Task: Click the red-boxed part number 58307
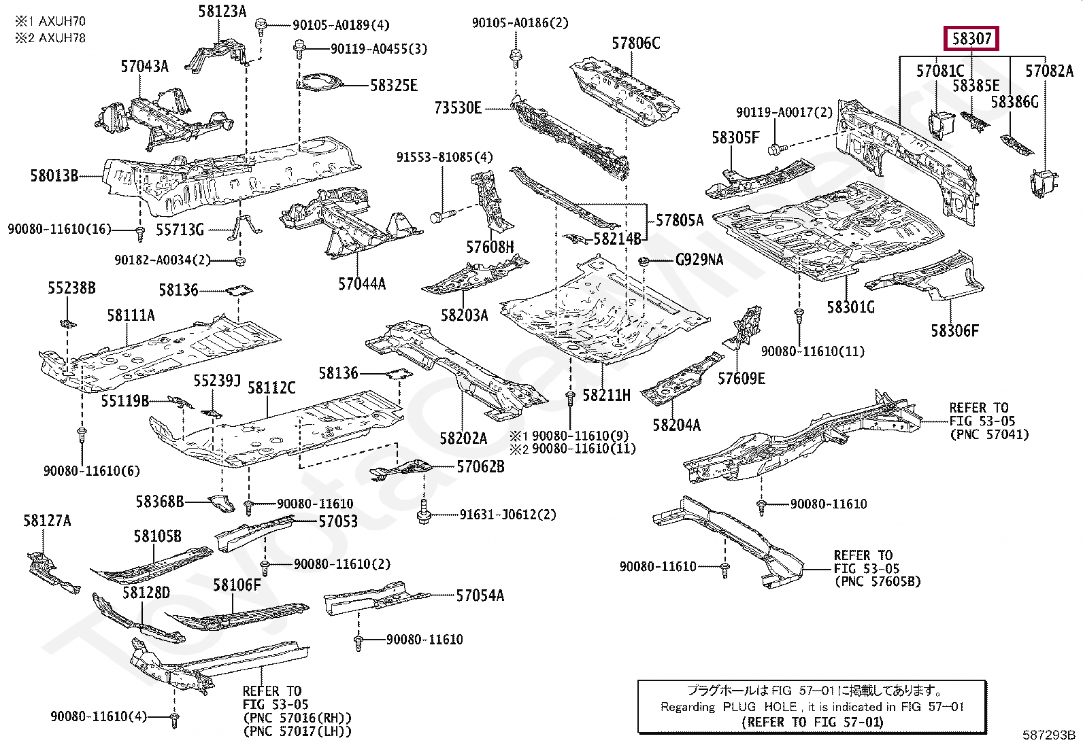[971, 39]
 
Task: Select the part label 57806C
[635, 44]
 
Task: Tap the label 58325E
[394, 86]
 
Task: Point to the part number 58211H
[606, 396]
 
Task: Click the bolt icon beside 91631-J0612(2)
[424, 513]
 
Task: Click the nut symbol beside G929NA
[643, 262]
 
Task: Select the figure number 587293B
[1048, 735]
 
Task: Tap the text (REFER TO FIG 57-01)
[812, 722]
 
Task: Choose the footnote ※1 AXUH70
[51, 21]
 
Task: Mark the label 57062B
[480, 467]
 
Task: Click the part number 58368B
[160, 502]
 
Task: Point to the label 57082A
[1049, 71]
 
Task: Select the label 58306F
[954, 331]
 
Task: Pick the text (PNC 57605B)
[878, 582]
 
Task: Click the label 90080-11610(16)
[59, 230]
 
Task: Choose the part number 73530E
[458, 108]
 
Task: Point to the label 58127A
[47, 521]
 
